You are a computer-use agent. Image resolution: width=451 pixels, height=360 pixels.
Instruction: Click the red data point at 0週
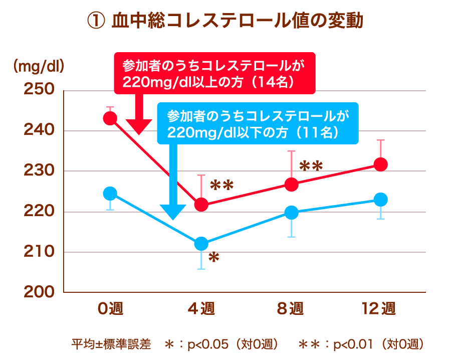(110, 118)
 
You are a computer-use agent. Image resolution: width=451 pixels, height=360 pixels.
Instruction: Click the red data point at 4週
(201, 205)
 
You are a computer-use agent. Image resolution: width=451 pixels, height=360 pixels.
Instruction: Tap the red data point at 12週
(381, 164)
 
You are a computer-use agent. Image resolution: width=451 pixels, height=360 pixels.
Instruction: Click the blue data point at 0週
(110, 194)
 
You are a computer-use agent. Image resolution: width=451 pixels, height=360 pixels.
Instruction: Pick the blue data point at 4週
(201, 244)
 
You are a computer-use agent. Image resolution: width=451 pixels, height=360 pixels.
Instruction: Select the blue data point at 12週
(381, 200)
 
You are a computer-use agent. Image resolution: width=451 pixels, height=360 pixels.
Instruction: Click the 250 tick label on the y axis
(39, 90)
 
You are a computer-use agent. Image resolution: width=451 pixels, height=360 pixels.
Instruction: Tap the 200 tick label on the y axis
(39, 292)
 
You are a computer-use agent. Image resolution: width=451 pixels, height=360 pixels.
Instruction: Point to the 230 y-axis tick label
(39, 171)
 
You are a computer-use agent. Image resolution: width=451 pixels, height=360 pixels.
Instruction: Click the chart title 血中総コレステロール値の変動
(225, 21)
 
